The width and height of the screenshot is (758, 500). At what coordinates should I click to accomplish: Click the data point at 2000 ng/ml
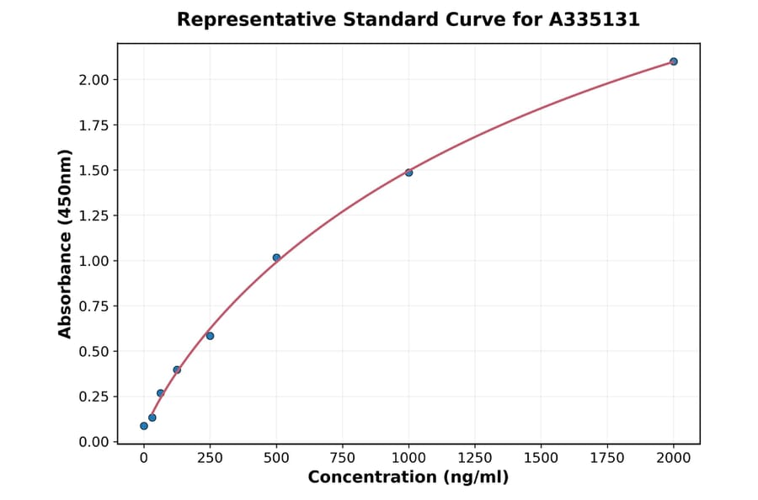674,61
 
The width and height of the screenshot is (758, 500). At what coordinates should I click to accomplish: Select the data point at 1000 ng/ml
408,173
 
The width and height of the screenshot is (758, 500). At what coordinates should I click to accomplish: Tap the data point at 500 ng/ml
276,258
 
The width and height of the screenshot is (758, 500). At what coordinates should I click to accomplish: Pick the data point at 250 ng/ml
210,336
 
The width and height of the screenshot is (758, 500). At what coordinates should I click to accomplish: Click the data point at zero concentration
144,426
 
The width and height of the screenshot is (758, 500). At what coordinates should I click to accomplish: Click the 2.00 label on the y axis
94,80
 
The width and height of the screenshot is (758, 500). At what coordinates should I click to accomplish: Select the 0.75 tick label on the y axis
94,306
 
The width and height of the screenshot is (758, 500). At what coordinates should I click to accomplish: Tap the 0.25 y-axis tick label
94,396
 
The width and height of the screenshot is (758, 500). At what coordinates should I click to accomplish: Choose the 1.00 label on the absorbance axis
94,261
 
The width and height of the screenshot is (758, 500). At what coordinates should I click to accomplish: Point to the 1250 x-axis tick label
475,458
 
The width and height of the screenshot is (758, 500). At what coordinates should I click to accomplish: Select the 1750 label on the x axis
607,458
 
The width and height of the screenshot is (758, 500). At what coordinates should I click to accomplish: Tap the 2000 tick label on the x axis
674,458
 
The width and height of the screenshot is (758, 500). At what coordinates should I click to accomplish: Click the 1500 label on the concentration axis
541,458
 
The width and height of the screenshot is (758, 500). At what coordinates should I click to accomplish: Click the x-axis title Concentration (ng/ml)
408,478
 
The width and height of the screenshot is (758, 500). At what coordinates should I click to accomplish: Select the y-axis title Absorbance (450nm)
66,244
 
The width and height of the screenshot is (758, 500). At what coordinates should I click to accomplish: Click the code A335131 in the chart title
595,19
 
